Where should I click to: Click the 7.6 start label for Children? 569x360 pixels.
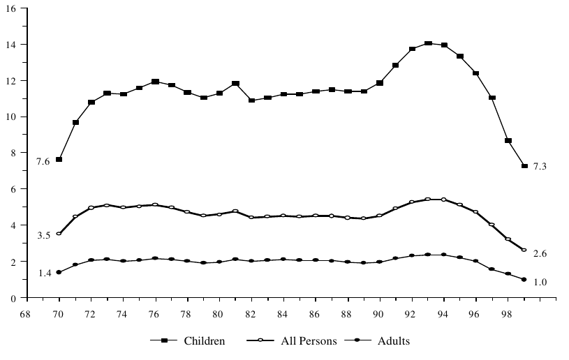43,162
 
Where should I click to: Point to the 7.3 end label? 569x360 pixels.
540,166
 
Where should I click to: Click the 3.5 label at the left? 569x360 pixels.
43,236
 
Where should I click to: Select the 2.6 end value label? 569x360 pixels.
540,253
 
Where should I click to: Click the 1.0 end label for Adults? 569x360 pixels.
540,282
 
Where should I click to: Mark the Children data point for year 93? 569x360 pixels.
428,43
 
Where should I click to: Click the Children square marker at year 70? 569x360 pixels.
59,160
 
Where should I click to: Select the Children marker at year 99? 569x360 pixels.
524,166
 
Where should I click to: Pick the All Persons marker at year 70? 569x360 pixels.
59,234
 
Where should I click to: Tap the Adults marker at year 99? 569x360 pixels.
524,280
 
